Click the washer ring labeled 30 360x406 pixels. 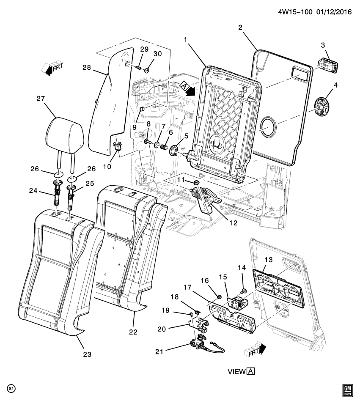click(147, 69)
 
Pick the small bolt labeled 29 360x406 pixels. click(139, 67)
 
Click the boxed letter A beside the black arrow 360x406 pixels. click(184, 86)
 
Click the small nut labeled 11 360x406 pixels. click(196, 182)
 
